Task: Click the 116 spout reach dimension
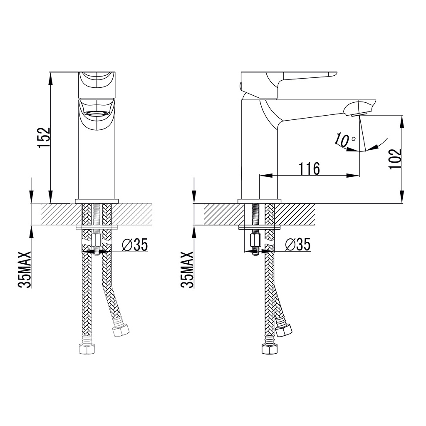coord(309,168)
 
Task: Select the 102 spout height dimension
coord(395,159)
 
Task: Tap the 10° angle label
coord(345,141)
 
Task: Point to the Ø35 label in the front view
coord(136,245)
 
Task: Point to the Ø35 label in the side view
coord(298,245)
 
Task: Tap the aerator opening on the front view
coord(96,113)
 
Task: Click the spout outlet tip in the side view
coord(358,113)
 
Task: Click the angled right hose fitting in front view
coord(121,330)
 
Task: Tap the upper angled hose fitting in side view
coord(284,330)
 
